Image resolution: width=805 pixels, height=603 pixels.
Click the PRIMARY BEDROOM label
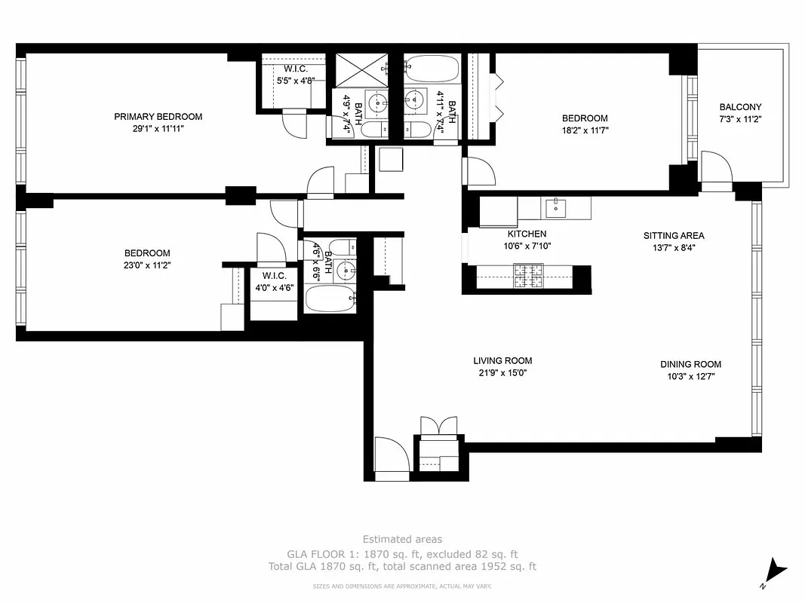click(158, 117)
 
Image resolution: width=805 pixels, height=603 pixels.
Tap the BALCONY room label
click(740, 108)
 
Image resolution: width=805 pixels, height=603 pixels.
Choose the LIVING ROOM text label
click(502, 361)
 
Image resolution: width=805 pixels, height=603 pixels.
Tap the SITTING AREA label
click(674, 236)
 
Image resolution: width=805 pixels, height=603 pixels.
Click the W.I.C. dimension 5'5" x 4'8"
click(295, 81)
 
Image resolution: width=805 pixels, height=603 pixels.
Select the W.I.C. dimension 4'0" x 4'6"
click(274, 287)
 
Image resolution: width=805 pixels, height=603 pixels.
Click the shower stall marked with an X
click(360, 69)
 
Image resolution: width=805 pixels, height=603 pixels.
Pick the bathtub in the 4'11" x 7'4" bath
click(431, 70)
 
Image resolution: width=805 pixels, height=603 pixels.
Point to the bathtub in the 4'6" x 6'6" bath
click(329, 298)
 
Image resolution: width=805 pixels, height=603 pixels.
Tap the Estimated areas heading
click(402, 540)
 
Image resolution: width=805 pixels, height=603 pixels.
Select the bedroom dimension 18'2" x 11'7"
click(585, 130)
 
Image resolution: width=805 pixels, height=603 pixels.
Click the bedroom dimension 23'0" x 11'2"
click(147, 265)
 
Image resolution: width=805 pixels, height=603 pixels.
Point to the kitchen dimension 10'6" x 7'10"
click(527, 246)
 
